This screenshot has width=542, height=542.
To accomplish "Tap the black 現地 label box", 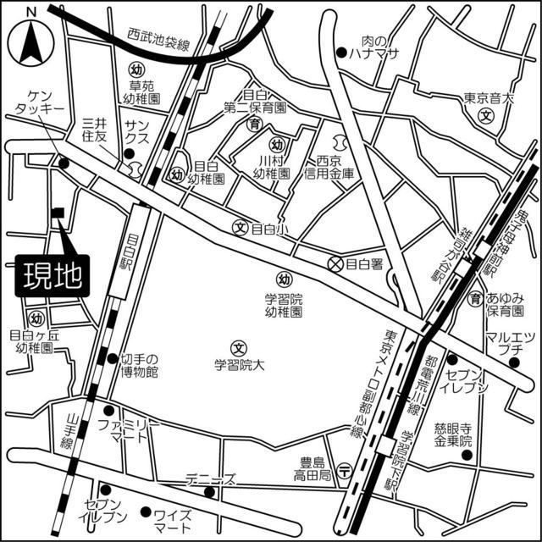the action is coord(48,277).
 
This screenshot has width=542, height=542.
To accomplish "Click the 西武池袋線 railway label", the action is coord(158,38).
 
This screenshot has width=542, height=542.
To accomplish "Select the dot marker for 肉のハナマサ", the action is coord(340,53).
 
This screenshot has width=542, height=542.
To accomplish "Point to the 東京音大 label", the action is coord(489,98).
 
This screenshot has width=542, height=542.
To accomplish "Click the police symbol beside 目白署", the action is coord(336,263).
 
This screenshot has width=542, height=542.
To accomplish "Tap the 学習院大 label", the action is coord(239,367).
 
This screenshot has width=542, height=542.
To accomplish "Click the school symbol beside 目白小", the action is coord(241,228).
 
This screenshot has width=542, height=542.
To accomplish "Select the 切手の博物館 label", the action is coord(140,365).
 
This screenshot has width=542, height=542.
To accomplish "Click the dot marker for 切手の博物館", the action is coord(112,358).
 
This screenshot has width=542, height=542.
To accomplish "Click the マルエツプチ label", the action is coord(509,344).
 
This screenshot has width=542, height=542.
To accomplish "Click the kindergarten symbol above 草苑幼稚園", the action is coord(135,68).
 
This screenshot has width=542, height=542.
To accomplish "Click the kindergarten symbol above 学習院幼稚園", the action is coord(285,279).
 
